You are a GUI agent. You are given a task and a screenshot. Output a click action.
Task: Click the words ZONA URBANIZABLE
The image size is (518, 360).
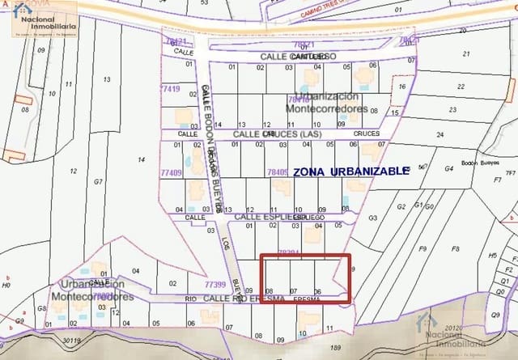(x=350, y=172)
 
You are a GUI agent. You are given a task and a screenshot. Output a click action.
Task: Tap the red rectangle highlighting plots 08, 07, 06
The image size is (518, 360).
(x=306, y=279)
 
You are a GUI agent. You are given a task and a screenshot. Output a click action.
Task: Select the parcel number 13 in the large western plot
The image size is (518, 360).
(x=106, y=79)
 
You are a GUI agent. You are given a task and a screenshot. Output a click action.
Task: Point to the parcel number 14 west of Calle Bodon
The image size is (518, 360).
(x=141, y=159)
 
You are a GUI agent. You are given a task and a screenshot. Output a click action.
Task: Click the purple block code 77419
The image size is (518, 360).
(x=171, y=87)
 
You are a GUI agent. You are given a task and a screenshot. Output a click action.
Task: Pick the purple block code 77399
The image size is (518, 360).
(x=214, y=284)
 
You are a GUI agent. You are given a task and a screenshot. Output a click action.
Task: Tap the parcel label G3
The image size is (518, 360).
(x=372, y=218)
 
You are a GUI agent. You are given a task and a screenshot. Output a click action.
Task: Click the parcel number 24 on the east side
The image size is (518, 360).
(x=439, y=134)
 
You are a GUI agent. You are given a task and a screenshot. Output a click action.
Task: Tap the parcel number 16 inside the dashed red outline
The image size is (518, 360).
(x=401, y=86)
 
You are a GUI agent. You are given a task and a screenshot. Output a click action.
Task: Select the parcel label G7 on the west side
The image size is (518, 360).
(x=98, y=182)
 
